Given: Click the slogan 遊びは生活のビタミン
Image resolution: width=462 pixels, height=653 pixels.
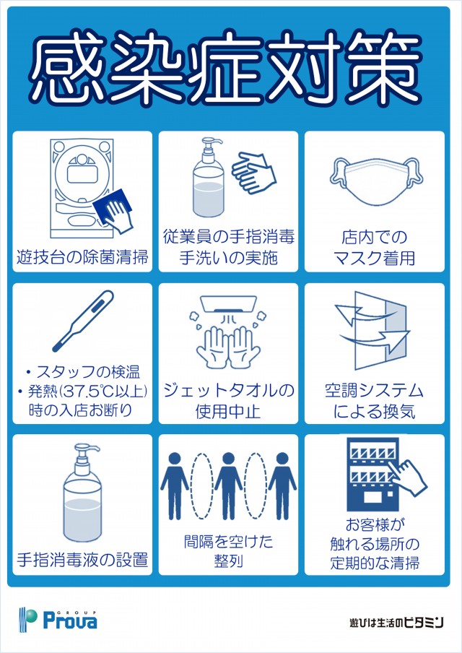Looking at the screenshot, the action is (396, 622).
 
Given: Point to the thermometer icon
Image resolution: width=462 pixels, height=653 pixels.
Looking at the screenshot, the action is (83, 321).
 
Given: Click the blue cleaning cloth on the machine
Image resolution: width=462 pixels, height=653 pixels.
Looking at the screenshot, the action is (113, 207).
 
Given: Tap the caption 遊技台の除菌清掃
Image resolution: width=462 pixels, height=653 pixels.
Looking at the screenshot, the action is (82, 257).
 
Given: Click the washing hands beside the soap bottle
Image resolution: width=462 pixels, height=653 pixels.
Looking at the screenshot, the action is (254, 173).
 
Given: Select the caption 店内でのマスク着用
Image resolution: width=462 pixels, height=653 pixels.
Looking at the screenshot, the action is (375, 248).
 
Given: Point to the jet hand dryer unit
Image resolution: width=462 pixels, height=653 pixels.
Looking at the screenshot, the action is (229, 303).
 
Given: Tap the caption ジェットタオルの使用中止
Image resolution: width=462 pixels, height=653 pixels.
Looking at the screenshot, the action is (229, 401).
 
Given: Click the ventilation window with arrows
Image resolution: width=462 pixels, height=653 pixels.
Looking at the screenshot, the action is (372, 330).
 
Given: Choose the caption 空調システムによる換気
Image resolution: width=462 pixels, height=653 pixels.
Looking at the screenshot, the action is (375, 401).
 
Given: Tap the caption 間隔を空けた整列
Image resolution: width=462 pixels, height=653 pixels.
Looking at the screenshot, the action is (229, 550).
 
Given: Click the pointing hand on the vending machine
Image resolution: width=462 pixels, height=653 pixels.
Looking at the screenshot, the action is (409, 477).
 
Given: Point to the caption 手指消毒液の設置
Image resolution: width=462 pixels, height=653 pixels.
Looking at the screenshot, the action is (82, 559).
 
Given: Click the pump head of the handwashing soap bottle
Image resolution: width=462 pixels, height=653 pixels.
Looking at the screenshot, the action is (211, 144).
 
